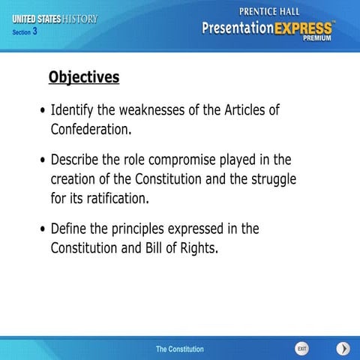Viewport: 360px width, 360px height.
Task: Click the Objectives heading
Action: (x=83, y=77)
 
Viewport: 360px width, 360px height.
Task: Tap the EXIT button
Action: (x=301, y=349)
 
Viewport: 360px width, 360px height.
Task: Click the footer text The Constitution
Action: (x=179, y=349)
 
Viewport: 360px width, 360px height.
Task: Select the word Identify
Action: (x=74, y=110)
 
